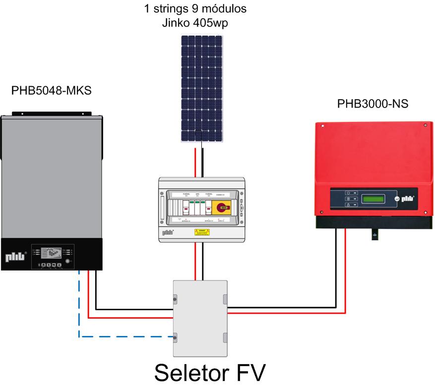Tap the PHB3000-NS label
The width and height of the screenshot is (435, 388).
coord(373,104)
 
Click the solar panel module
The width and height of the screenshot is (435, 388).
coord(201,87)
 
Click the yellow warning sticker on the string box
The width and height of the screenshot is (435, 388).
coord(201,230)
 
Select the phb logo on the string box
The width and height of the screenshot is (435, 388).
coord(169,231)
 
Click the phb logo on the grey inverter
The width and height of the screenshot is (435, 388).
coord(15,257)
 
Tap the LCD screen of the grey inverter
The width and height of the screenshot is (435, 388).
coord(49,252)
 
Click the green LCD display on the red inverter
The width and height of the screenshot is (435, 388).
coord(373,199)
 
